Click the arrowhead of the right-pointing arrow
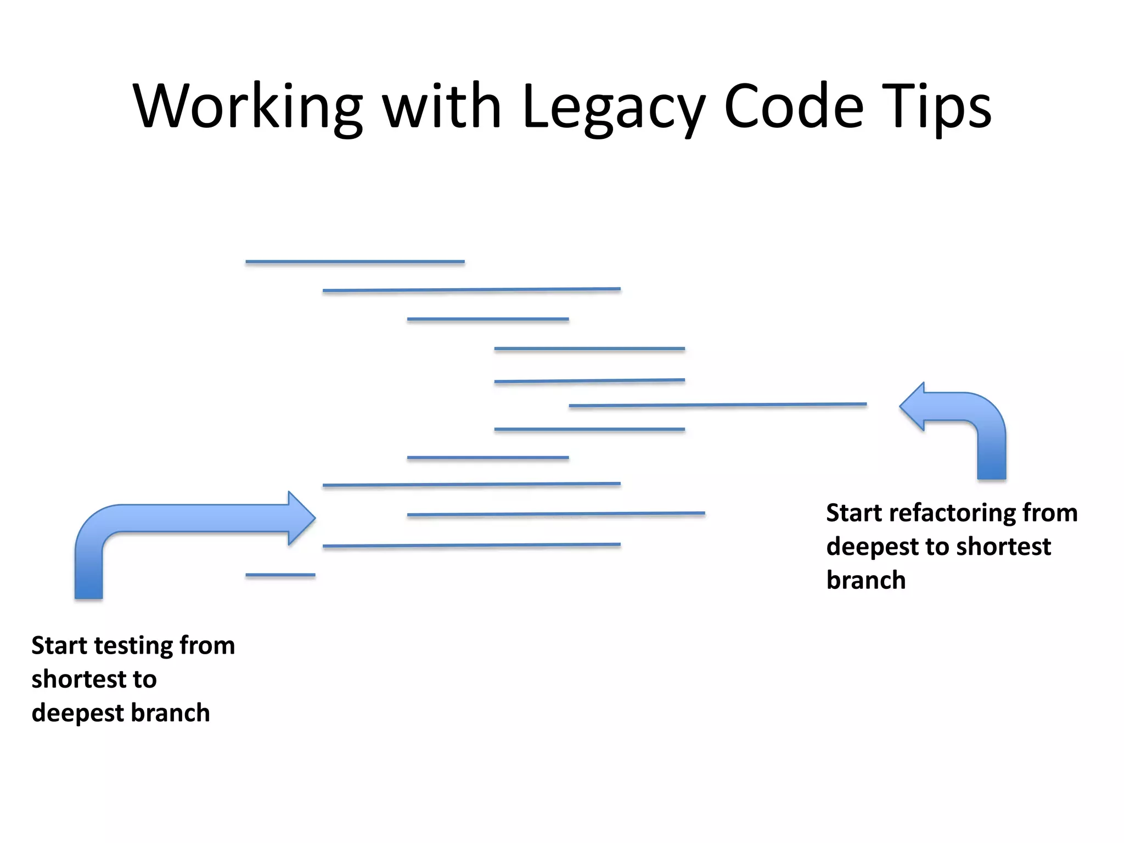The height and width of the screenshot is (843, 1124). tap(301, 518)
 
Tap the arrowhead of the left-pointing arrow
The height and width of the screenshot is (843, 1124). tap(912, 407)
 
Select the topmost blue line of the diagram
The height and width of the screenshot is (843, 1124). tap(355, 262)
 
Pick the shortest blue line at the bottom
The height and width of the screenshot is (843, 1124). tap(280, 575)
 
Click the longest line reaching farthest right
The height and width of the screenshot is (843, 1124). tap(717, 405)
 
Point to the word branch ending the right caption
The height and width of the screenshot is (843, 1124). tap(866, 580)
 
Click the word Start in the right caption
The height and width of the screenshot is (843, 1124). tap(854, 513)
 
